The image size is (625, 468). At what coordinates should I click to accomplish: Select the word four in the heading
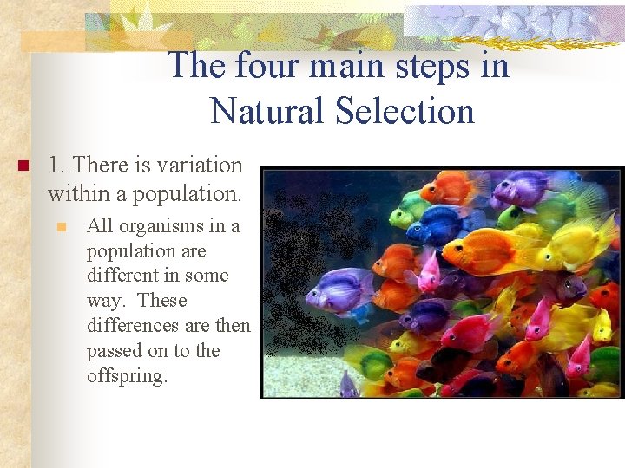[x=263, y=66]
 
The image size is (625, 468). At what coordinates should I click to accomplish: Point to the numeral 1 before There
[x=54, y=165]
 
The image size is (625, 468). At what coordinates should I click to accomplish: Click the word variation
[x=201, y=165]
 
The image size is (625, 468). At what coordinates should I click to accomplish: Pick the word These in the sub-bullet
[x=162, y=301]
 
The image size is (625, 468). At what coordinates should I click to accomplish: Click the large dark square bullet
[x=23, y=166]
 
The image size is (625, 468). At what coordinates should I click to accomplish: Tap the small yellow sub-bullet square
[x=62, y=227]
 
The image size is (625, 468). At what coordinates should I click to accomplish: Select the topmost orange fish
[x=450, y=187]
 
